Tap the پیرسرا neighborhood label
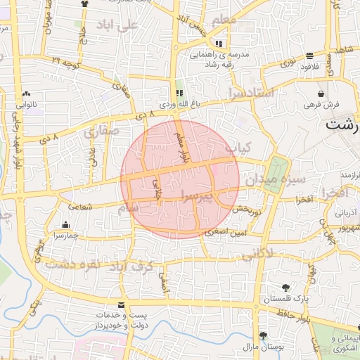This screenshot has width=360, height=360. [x=202, y=195]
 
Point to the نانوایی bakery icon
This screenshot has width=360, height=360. [x=27, y=93]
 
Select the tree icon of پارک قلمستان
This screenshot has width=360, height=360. [x=285, y=288]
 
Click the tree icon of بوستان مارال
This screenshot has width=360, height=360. [x=263, y=335]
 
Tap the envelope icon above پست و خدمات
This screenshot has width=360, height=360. [x=122, y=305]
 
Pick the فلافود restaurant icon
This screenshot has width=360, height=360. [x=310, y=56]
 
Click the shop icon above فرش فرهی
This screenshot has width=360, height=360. [x=321, y=93]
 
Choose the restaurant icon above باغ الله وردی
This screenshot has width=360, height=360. [x=179, y=92]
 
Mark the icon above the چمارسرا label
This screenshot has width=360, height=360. [x=66, y=225]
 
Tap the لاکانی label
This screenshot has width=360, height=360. [x=258, y=256]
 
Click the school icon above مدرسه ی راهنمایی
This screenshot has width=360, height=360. [x=208, y=44]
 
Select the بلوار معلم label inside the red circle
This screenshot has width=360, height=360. [x=182, y=144]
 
